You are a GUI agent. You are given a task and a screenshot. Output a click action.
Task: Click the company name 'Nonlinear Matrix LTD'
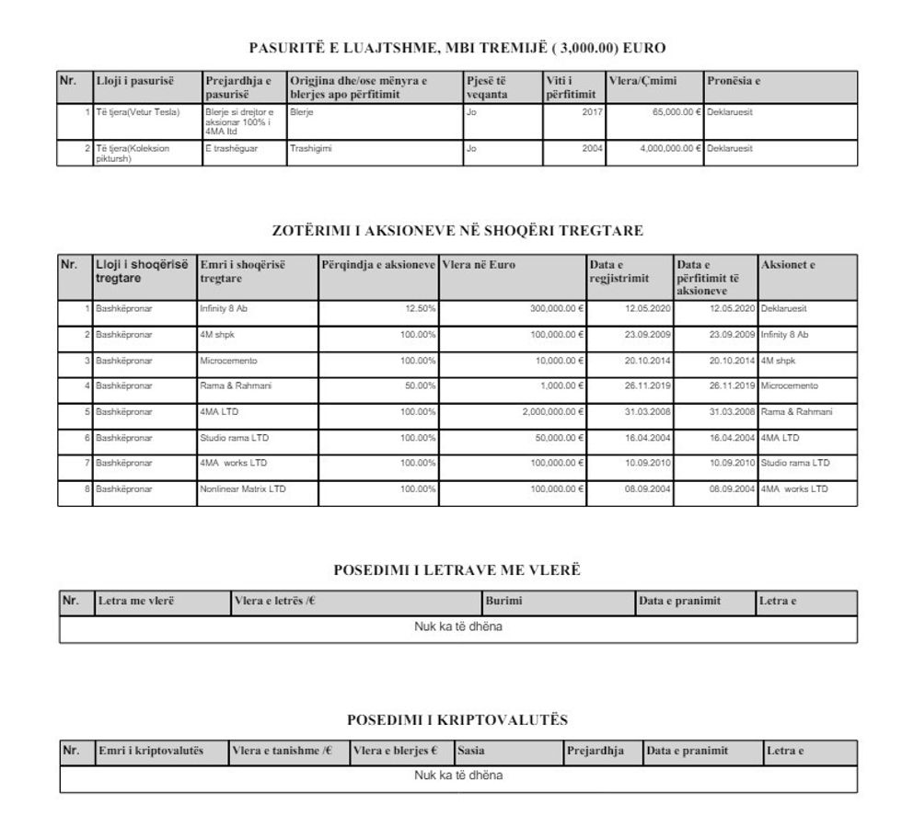(243, 488)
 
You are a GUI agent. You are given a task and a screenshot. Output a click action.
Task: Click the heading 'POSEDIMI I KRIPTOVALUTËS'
(457, 718)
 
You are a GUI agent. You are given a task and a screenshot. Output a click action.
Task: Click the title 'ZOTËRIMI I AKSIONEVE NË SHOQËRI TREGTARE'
(457, 230)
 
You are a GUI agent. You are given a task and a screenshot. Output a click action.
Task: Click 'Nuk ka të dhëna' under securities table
(457, 627)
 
